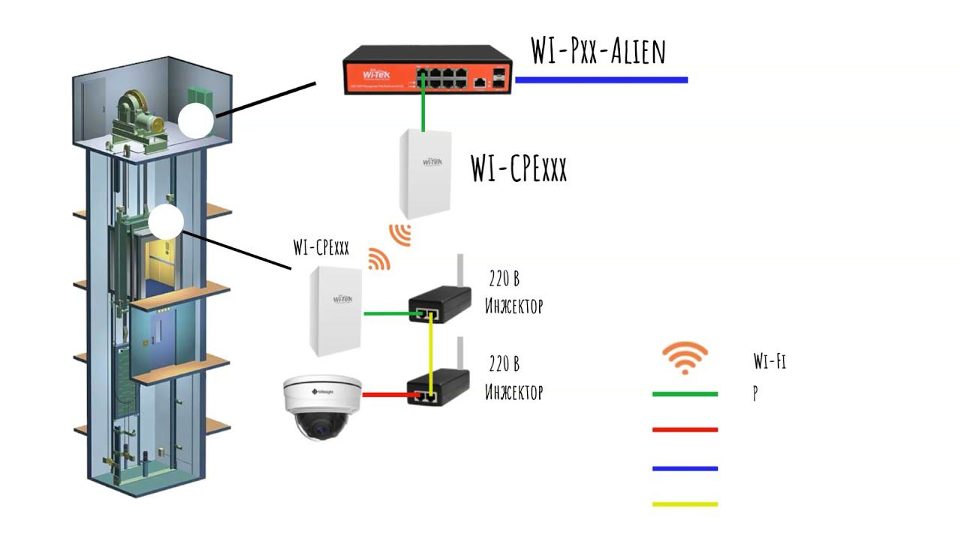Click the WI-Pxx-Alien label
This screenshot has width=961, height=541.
point(598,51)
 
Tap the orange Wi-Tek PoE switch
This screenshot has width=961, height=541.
point(427,70)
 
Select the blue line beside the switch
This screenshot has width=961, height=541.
point(601,80)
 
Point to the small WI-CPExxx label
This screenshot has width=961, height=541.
point(321,249)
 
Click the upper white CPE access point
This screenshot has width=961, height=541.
point(425,173)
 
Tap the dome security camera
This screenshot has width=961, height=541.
point(321,406)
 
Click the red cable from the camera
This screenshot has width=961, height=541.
point(384,394)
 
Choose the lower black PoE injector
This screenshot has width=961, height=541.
point(438,388)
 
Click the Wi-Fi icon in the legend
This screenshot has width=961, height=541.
point(685,358)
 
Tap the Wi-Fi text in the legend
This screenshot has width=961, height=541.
point(770,361)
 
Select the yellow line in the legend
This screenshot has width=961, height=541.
point(685,504)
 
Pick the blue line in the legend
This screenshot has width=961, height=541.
point(685,468)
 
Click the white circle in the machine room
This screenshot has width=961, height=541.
point(197,120)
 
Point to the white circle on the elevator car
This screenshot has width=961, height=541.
point(166,222)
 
